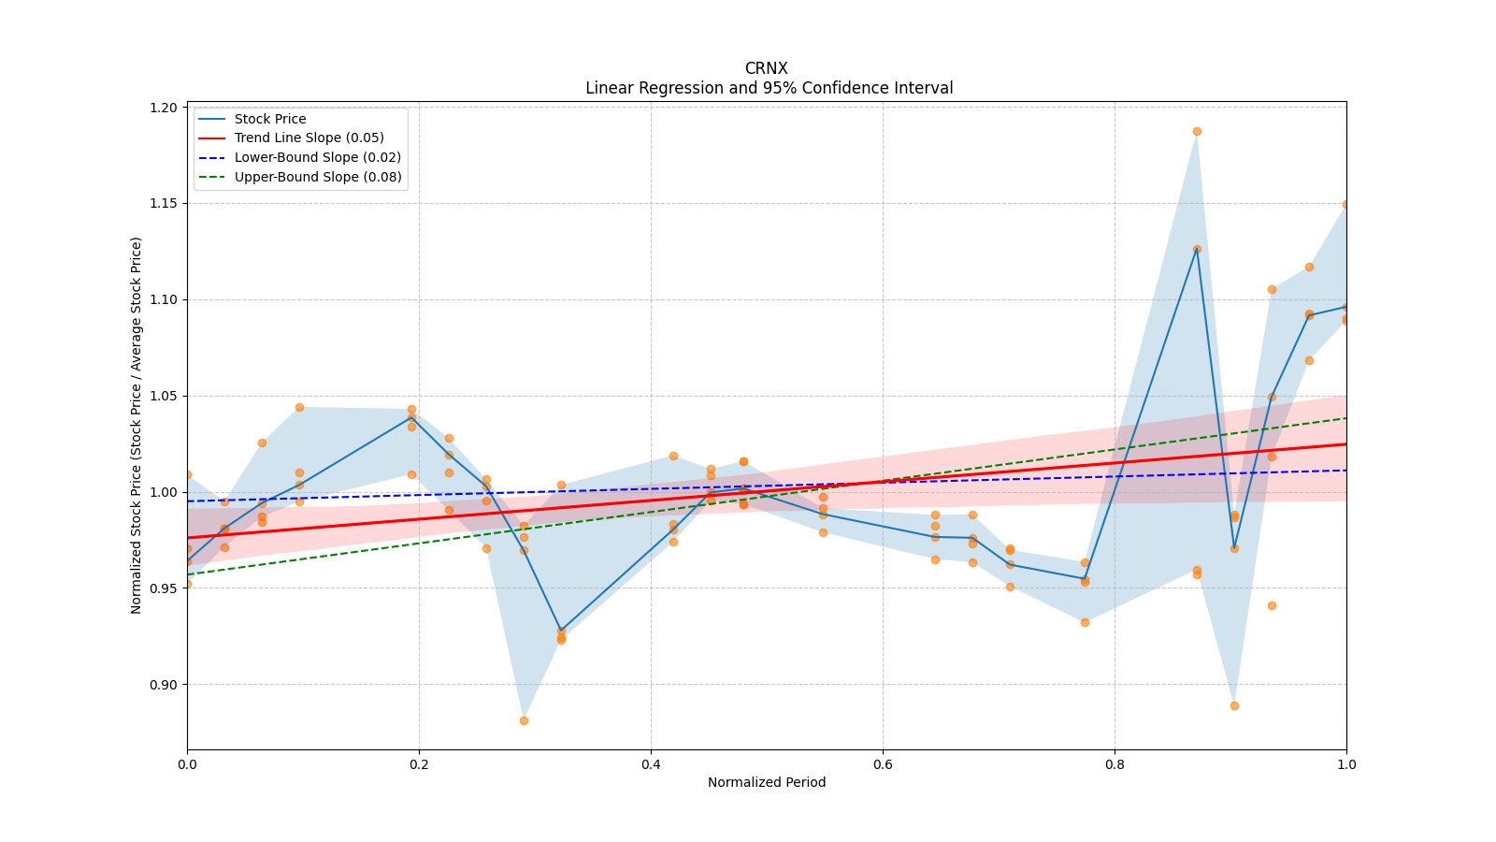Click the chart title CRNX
click(766, 68)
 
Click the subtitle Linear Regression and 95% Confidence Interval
click(769, 88)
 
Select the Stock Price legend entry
click(270, 119)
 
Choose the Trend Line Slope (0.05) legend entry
click(309, 138)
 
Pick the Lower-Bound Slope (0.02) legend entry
click(317, 158)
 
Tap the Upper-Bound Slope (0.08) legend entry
click(318, 178)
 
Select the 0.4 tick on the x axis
click(651, 764)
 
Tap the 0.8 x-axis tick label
click(1115, 764)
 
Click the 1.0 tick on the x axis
click(1346, 764)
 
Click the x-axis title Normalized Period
click(767, 782)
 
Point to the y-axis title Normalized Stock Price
click(137, 425)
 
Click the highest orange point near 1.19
click(1197, 131)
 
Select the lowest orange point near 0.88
click(524, 720)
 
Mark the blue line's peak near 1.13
click(1197, 249)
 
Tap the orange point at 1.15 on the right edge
click(1346, 204)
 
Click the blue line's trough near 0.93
click(561, 631)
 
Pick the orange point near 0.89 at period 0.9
click(1234, 705)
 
